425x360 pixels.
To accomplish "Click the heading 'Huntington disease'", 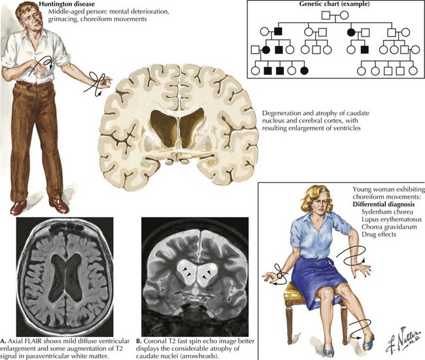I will coord(47,5).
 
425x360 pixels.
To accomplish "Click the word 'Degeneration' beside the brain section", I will coord(283,113).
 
